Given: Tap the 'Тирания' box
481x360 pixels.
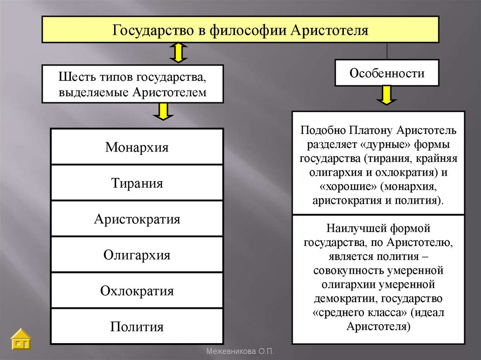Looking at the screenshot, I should pos(137,183).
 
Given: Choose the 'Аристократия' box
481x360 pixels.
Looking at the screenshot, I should pos(137,219).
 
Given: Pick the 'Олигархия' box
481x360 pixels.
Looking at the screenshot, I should pos(137,255).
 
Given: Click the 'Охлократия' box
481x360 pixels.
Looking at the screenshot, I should pos(137,291).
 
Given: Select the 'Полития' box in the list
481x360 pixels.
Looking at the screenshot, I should pos(137,326).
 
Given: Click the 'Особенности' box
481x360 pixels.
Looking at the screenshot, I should pos(387,73).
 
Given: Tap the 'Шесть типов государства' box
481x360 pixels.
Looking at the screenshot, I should pos(132,84).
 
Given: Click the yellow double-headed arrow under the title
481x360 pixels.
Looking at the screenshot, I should pos(178,53).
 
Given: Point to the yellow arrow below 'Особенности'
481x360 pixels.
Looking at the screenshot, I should pos(387,96).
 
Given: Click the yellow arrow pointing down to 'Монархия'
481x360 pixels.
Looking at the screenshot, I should pos(163,112).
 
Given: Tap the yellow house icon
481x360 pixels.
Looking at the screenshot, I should pos(21,339).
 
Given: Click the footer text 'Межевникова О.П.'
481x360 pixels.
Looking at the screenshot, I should pos(240,352).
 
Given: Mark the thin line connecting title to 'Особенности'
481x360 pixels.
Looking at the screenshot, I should pos(387,50).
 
